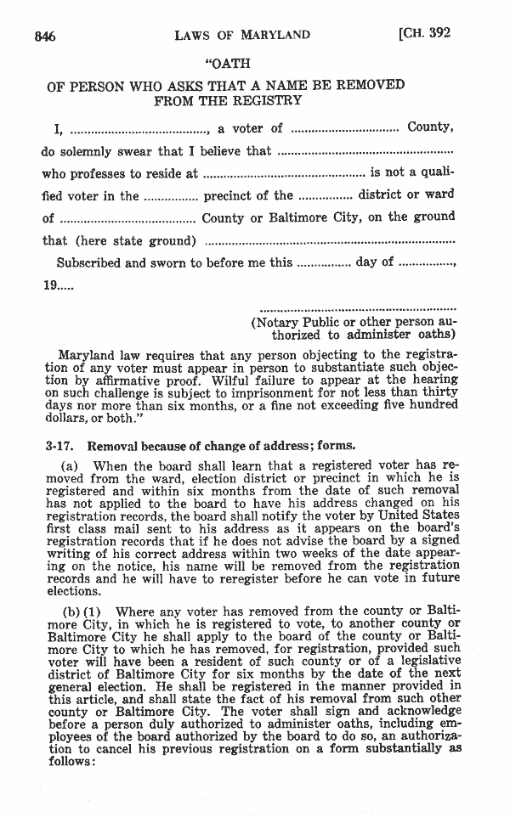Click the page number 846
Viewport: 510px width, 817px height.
45,36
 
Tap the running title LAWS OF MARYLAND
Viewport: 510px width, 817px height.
241,36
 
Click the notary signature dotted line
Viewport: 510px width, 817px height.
357,308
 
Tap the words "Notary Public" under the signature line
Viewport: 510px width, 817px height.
297,323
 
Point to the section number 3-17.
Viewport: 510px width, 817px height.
59,445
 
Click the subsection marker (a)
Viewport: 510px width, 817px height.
71,466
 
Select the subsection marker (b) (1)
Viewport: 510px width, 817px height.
83,611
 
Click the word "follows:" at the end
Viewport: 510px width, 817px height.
72,762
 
